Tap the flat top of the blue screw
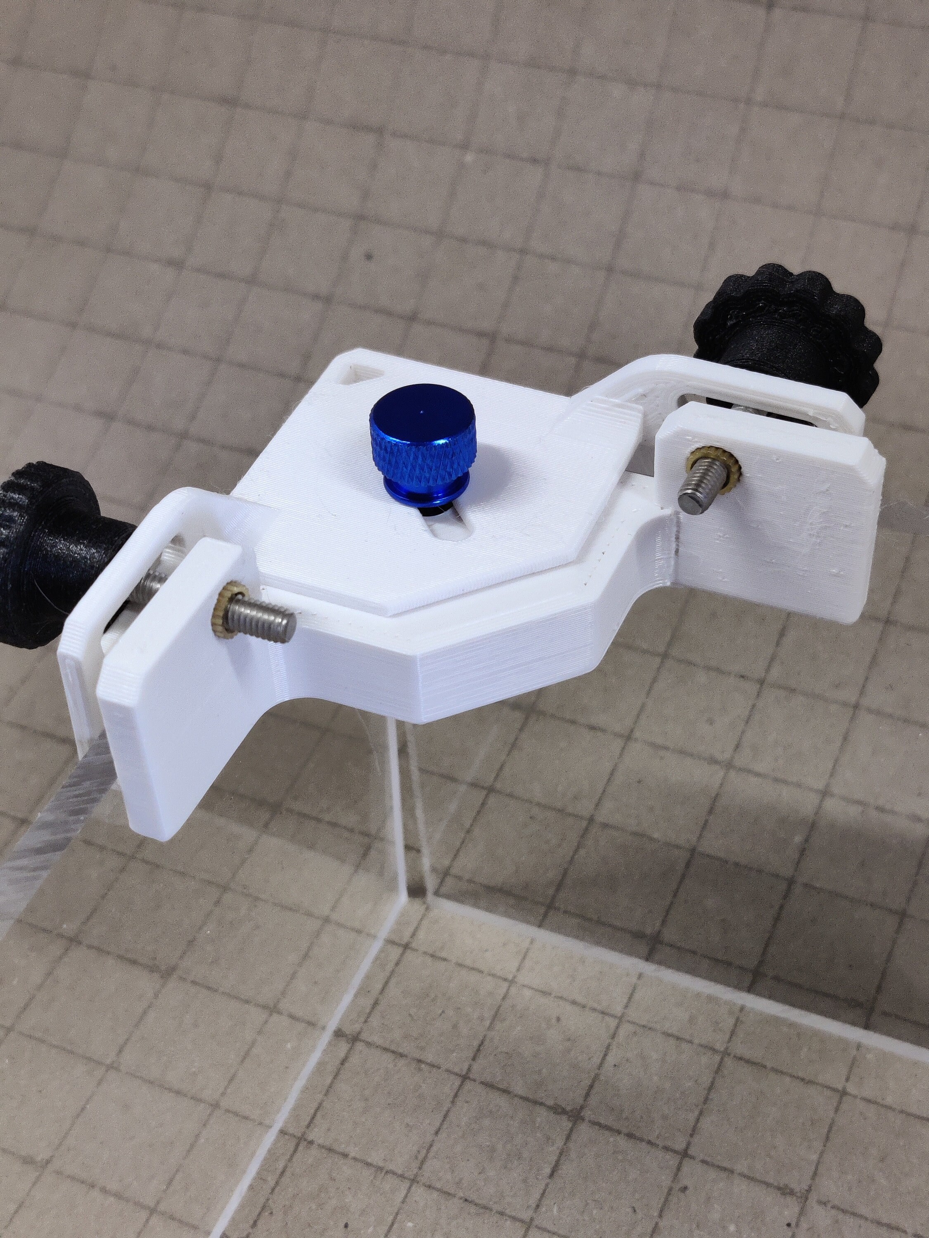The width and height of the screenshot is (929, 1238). tap(422, 411)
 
